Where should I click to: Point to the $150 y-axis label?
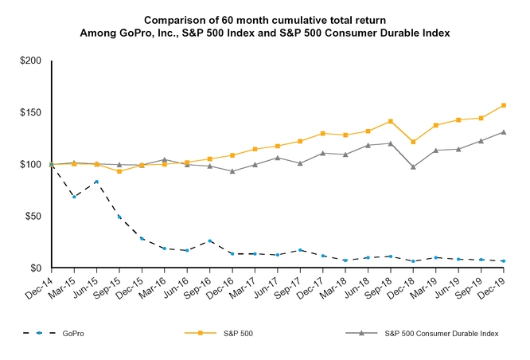(x=33, y=112)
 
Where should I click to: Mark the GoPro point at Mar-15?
(x=74, y=196)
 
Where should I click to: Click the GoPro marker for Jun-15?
(x=96, y=182)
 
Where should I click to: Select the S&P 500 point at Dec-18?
(x=413, y=142)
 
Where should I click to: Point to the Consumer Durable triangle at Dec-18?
(x=413, y=167)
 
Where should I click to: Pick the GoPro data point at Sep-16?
(x=210, y=241)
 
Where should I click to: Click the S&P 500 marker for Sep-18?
(x=390, y=121)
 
